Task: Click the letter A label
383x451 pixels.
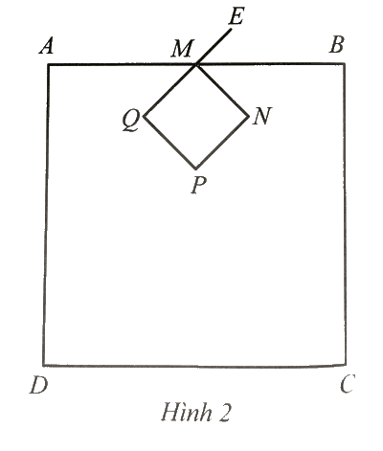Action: click(47, 46)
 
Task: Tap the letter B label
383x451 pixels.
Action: click(337, 44)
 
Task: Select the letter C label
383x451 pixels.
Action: click(348, 383)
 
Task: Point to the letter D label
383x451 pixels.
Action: click(39, 385)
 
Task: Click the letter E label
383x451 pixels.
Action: click(237, 17)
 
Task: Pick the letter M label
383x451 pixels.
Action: click(182, 49)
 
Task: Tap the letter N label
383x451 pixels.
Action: click(261, 116)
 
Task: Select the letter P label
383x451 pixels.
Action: click(198, 186)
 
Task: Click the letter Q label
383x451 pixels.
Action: click(131, 121)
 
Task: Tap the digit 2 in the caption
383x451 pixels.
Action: click(224, 413)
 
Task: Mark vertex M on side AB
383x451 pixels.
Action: click(195, 65)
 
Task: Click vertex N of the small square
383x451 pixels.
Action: click(248, 116)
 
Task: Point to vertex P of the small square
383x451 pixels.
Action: click(196, 169)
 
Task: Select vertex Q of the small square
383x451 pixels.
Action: click(145, 116)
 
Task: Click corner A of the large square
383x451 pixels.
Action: click(49, 65)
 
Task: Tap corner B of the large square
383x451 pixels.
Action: click(345, 64)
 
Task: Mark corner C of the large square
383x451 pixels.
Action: click(347, 364)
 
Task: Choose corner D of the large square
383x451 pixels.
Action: click(43, 365)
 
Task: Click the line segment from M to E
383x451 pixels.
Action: click(214, 47)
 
